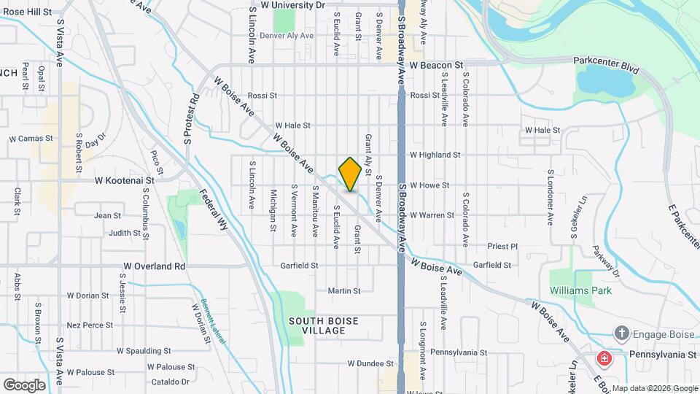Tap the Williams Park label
(x=582, y=290)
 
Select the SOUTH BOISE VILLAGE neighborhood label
(x=326, y=325)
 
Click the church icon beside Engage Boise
(x=621, y=333)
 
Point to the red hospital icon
(x=604, y=358)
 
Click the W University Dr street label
(x=292, y=4)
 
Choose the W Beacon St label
(x=436, y=65)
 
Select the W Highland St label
(x=435, y=155)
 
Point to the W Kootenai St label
(x=125, y=179)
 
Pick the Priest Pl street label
(x=503, y=247)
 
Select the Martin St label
(x=344, y=290)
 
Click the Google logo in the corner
(x=24, y=385)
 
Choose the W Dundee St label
(x=371, y=363)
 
